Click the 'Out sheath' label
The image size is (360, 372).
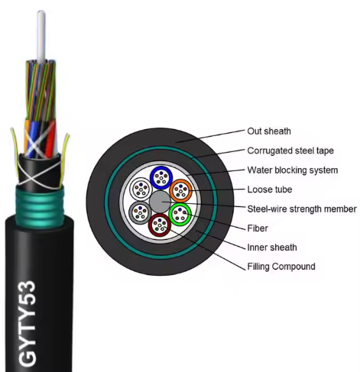click(x=269, y=131)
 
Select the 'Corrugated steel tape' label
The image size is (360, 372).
click(x=290, y=150)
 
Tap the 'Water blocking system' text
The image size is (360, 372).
click(x=293, y=170)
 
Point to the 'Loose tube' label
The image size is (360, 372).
click(x=270, y=189)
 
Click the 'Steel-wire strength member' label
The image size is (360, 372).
click(x=302, y=209)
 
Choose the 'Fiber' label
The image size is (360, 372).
click(x=258, y=228)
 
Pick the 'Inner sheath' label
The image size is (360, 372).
click(x=272, y=247)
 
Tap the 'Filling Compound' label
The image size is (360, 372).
click(x=281, y=267)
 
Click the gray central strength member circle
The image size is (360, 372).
click(x=160, y=202)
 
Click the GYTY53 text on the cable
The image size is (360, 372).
click(x=28, y=322)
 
